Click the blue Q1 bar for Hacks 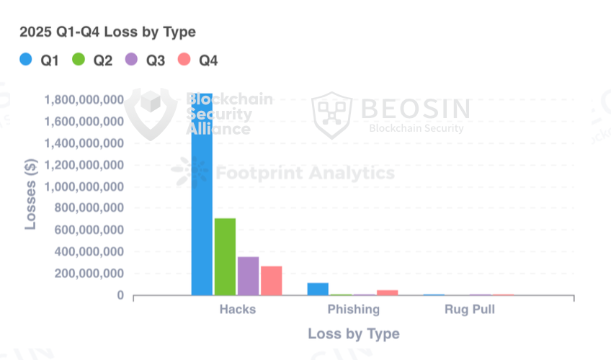pyautogui.click(x=202, y=194)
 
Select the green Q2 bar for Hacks pyautogui.click(x=225, y=256)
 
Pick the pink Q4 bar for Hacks pyautogui.click(x=271, y=280)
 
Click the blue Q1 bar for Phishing pyautogui.click(x=318, y=289)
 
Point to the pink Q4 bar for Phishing pyautogui.click(x=387, y=292)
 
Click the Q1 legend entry pyautogui.click(x=40, y=60)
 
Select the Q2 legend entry pyautogui.click(x=92, y=60)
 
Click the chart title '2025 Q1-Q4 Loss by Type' pyautogui.click(x=107, y=32)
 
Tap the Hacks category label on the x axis pyautogui.click(x=237, y=310)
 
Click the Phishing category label pyautogui.click(x=353, y=310)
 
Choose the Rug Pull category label pyautogui.click(x=469, y=310)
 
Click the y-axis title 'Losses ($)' pyautogui.click(x=30, y=195)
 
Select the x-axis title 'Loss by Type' pyautogui.click(x=353, y=334)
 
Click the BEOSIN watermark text pyautogui.click(x=415, y=108)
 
